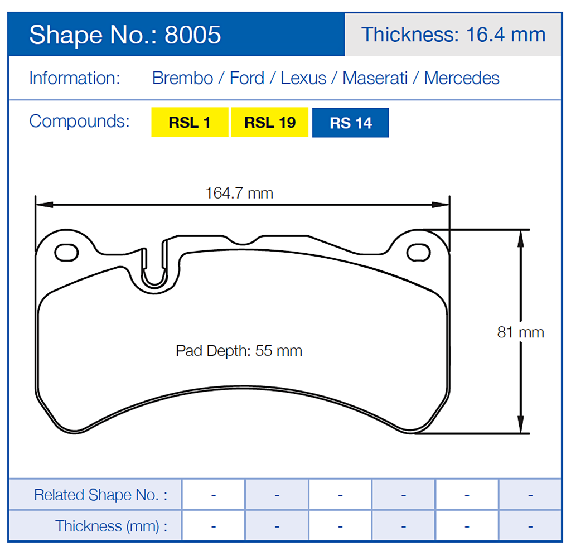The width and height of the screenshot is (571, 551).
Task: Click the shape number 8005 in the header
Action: click(193, 35)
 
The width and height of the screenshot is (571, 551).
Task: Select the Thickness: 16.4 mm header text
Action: click(453, 35)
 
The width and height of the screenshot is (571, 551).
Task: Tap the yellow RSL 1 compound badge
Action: click(190, 122)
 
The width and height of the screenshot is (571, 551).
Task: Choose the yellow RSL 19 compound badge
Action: click(270, 122)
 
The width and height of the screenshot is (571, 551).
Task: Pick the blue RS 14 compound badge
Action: click(350, 123)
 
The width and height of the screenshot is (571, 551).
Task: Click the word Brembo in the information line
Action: click(182, 78)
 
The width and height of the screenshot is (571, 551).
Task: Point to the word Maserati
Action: click(375, 78)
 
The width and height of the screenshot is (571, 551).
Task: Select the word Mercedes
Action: click(462, 78)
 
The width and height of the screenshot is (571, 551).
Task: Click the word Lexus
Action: click(303, 78)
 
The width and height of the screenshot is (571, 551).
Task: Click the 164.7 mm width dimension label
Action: click(239, 193)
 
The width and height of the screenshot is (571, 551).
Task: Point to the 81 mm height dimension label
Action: click(520, 332)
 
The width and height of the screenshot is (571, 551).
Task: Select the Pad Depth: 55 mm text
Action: click(239, 351)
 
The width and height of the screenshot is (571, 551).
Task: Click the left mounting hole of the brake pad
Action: click(66, 253)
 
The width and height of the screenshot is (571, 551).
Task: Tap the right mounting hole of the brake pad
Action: click(418, 253)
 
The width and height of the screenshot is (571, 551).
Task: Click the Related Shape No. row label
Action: click(100, 495)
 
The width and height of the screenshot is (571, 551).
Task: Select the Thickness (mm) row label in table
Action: click(111, 526)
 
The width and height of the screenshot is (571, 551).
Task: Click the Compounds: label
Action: click(79, 121)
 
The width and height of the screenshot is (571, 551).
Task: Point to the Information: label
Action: click(74, 78)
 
